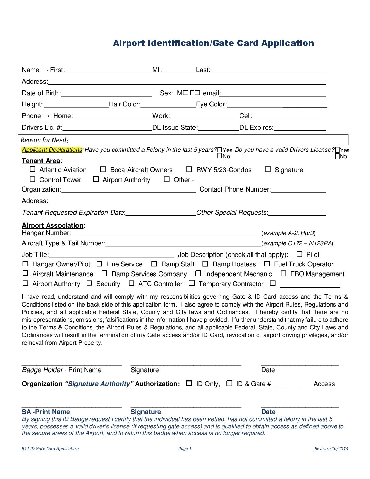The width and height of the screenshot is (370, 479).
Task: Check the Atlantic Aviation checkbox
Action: click(33, 169)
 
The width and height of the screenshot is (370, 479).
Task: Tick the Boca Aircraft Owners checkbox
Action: click(103, 169)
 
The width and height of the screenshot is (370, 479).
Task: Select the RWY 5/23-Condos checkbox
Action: click(189, 169)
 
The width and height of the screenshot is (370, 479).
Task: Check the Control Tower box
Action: click(33, 179)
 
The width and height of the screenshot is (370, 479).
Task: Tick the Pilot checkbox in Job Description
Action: click(299, 254)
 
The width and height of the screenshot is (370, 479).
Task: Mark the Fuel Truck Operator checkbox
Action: click(267, 264)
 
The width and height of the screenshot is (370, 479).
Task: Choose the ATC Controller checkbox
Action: click(132, 283)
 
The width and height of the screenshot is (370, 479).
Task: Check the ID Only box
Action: click(189, 383)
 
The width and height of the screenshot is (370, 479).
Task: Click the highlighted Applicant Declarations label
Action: click(52, 150)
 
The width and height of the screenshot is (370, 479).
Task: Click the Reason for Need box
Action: click(183, 139)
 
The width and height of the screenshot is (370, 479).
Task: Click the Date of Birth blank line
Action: click(106, 93)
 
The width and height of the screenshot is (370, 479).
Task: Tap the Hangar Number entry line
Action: click(166, 233)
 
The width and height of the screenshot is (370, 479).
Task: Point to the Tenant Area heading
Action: click(41, 161)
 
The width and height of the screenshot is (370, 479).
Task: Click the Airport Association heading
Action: click(53, 226)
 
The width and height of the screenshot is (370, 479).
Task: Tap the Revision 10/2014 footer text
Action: click(331, 449)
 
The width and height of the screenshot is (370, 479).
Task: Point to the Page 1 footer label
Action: click(185, 449)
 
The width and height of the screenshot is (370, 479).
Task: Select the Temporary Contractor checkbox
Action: click(192, 283)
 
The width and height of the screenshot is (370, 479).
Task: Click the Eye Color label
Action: click(211, 104)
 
